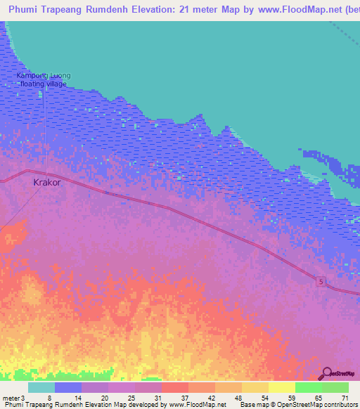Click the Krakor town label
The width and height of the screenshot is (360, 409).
point(47,182)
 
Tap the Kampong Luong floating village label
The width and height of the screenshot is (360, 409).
point(44,79)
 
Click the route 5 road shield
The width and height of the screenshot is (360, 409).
point(321,281)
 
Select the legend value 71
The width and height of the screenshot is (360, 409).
point(345,397)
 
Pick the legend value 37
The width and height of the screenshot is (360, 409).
point(184,397)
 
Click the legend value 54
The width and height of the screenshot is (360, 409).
point(265,397)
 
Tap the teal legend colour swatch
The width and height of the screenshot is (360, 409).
point(41,387)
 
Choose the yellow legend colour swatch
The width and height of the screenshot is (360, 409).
point(282,387)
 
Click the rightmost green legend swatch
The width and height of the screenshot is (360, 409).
point(335,387)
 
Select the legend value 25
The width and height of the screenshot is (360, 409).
point(131,397)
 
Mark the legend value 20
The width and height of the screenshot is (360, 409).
point(104,397)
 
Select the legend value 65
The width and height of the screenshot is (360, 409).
point(318,397)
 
